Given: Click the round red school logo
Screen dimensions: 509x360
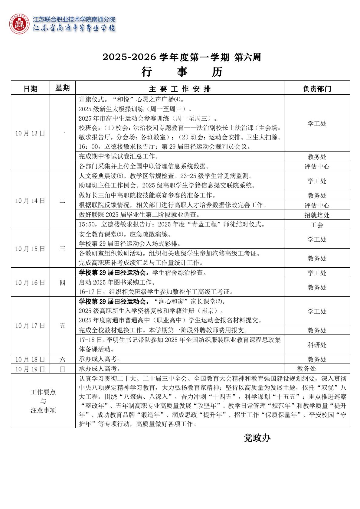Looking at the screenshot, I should coord(20,24).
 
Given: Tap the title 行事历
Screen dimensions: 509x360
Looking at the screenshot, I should coord(182,72).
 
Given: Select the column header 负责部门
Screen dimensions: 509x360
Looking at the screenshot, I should coord(317,89).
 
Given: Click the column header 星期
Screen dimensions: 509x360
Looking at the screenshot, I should coord(62,88).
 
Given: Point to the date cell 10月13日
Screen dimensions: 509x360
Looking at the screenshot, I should coord(30,133).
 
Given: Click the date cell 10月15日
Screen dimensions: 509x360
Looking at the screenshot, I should coord(30,249).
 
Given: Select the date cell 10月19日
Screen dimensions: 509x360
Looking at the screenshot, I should coord(30,369).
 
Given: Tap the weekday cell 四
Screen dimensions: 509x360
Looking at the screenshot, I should coord(62,283).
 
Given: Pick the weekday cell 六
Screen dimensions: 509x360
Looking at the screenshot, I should coord(62,359).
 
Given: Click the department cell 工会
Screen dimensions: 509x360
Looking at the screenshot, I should coord(317,225).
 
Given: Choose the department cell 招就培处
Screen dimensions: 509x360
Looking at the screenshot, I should coord(317,215).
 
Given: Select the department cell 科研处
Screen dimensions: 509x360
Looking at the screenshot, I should coord(317,345).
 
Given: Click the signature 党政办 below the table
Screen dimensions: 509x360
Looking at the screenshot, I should coord(257,438).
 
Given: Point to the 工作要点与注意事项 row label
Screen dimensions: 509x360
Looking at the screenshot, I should coord(43,401).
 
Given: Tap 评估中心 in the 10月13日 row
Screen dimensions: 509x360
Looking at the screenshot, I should coord(317,166).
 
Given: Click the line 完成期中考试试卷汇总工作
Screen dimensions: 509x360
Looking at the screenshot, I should coord(119,156).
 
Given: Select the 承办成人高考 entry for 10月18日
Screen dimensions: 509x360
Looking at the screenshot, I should coord(100,359).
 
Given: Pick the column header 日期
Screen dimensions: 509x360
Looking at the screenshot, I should coord(31,89).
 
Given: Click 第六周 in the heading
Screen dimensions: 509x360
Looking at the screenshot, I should coord(247,57).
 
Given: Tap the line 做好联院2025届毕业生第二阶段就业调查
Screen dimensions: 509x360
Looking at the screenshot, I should coord(139,215).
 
